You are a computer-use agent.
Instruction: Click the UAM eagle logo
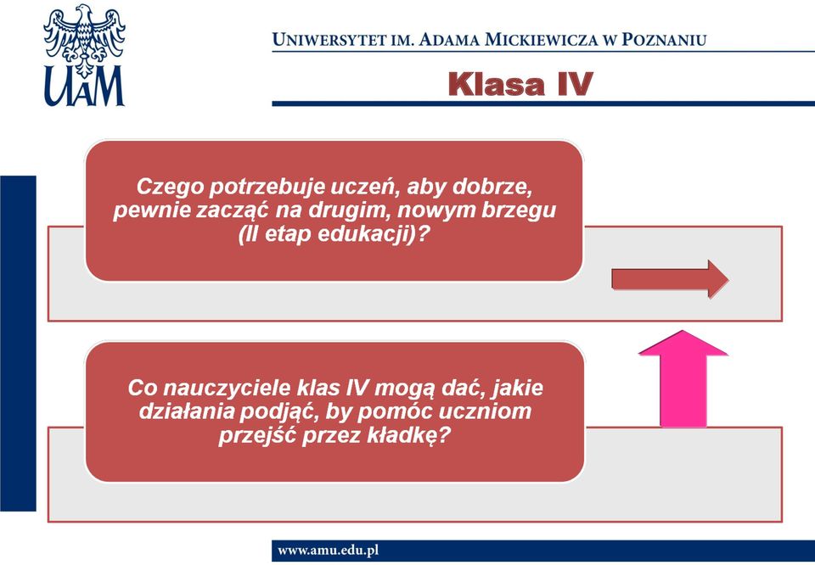[x=84, y=55]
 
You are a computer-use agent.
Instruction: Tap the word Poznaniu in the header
[x=664, y=40]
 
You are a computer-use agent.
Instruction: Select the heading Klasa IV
[x=520, y=84]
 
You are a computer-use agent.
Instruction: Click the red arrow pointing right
[x=670, y=279]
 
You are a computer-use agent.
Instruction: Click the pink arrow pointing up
[x=683, y=378]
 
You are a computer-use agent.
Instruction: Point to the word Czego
[x=170, y=187]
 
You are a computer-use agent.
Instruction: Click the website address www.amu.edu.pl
[x=328, y=551]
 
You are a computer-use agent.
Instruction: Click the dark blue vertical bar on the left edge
[x=18, y=344]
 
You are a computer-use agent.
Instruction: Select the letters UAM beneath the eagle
[x=84, y=87]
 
